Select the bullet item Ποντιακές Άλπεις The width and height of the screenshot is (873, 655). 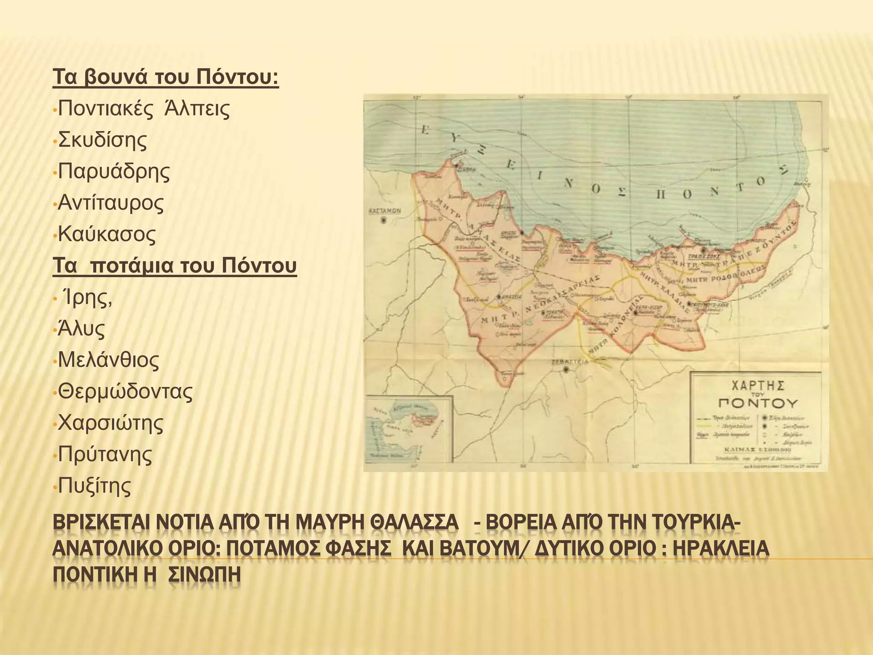pyautogui.click(x=144, y=109)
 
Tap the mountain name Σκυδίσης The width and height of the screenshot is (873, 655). pyautogui.click(x=102, y=140)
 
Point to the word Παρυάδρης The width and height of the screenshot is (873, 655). pyautogui.click(x=114, y=171)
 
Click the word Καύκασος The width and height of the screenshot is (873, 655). pyautogui.click(x=107, y=234)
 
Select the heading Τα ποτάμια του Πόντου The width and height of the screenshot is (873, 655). pyautogui.click(x=174, y=265)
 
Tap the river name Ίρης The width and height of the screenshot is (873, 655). pyautogui.click(x=87, y=297)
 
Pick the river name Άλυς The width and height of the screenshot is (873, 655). pyautogui.click(x=81, y=329)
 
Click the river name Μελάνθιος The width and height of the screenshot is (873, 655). pyautogui.click(x=108, y=360)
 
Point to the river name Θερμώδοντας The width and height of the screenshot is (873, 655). pyautogui.click(x=125, y=391)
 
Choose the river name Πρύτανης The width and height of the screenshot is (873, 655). pyautogui.click(x=105, y=454)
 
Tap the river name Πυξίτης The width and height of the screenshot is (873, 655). pyautogui.click(x=94, y=486)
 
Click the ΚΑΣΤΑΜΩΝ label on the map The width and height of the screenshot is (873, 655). pyautogui.click(x=384, y=211)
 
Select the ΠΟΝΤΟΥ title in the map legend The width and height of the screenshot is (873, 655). pyautogui.click(x=757, y=403)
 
